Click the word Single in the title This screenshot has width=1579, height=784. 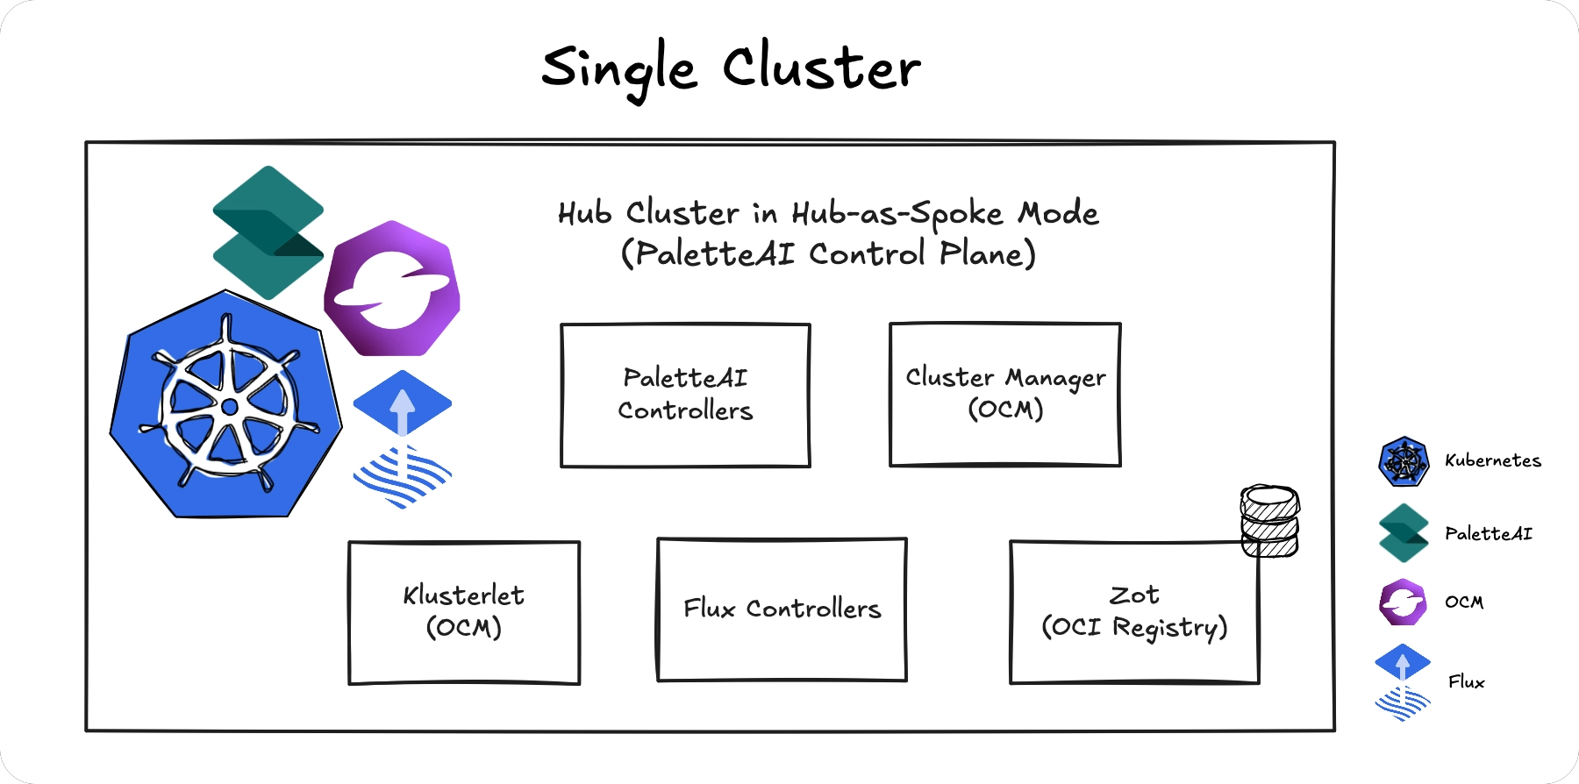pos(619,68)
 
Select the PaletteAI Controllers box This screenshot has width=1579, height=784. pos(685,395)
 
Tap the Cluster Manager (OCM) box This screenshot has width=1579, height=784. pos(1005,394)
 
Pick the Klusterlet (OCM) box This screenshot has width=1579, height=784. pos(464,612)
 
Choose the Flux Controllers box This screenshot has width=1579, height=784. pos(782,609)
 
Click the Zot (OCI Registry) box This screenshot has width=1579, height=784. pos(1134,612)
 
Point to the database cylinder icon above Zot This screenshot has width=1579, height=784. pos(1269,521)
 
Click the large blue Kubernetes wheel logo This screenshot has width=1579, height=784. pos(226,405)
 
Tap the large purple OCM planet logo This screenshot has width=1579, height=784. pos(392,289)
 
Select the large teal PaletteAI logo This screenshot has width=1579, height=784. pos(268,232)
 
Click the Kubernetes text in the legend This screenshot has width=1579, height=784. pos(1492,460)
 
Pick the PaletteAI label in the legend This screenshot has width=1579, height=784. pos(1488,533)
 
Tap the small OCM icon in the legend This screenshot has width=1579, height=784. pos(1403,602)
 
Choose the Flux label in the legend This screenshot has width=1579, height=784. pos(1466,681)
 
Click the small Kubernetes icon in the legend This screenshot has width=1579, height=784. pos(1404,461)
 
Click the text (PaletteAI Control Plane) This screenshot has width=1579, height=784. pos(828,254)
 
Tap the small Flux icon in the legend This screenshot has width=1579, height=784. pos(1403,682)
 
